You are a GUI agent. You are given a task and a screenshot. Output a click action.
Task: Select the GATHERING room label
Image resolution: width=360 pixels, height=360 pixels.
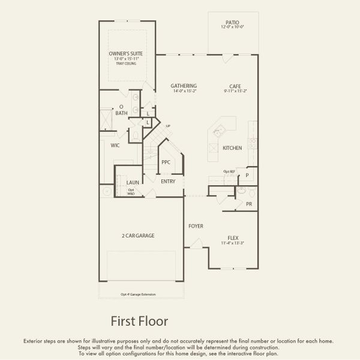click(x=184, y=86)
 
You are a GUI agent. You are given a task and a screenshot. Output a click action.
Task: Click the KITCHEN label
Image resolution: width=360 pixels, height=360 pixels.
click(x=232, y=148)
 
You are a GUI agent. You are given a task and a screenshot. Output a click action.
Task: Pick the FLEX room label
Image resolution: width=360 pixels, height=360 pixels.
click(x=233, y=238)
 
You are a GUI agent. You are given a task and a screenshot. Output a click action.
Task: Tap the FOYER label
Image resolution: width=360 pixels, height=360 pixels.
click(x=196, y=226)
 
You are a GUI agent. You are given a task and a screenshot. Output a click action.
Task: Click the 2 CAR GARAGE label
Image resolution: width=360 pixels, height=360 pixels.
click(x=137, y=236)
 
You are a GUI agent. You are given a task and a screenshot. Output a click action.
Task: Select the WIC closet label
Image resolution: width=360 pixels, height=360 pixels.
click(x=115, y=145)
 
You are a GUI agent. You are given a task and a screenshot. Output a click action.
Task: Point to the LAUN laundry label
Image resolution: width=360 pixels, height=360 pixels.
click(x=133, y=182)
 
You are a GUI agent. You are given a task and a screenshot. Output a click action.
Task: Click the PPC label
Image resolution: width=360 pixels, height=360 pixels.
click(x=166, y=162)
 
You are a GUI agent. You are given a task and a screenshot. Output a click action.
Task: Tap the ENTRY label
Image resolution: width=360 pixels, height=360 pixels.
click(x=168, y=181)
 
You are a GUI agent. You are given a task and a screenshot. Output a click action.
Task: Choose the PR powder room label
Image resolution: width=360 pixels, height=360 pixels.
click(x=249, y=205)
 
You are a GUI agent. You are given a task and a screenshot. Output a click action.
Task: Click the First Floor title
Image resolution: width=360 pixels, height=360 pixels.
click(x=139, y=322)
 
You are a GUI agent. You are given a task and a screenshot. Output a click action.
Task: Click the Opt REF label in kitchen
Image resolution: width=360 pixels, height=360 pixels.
click(x=229, y=171)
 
